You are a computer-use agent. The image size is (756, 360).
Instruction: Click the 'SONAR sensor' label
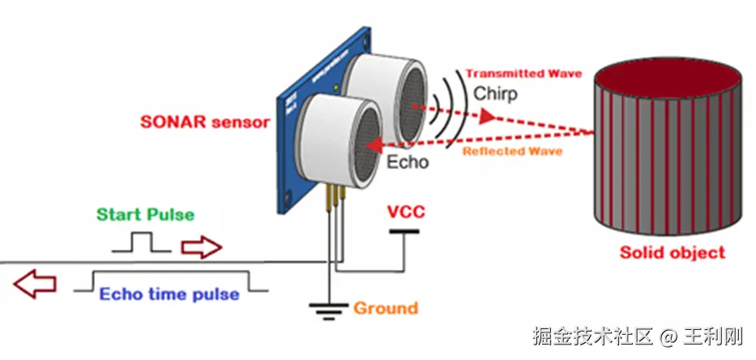[204, 123]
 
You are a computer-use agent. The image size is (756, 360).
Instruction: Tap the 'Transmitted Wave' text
[523, 73]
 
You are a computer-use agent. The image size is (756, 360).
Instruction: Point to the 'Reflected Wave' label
[512, 152]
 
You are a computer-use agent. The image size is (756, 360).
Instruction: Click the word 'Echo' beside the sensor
[407, 162]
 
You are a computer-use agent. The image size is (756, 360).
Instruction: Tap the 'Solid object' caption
[672, 252]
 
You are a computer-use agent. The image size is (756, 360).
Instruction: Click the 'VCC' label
[405, 213]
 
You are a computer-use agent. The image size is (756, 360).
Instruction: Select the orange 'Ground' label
[385, 308]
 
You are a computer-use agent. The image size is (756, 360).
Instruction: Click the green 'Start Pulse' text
[146, 215]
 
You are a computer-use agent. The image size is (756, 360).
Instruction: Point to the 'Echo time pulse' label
[169, 294]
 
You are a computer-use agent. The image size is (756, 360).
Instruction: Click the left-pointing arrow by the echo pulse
[36, 284]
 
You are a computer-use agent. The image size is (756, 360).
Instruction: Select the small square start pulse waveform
[143, 242]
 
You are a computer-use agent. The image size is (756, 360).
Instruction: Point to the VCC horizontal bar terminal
[404, 231]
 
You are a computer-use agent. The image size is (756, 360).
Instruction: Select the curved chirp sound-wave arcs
[447, 107]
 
